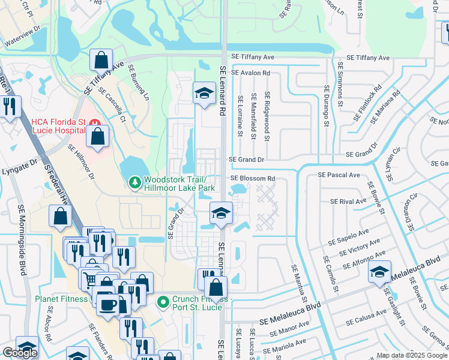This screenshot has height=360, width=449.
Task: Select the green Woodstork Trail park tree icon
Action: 135,181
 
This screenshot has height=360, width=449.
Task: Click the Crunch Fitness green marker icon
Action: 161,302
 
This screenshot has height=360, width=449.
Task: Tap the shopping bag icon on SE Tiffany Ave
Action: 101,59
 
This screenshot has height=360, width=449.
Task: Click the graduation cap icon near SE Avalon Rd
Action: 204,92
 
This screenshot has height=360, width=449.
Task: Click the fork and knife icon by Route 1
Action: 10,107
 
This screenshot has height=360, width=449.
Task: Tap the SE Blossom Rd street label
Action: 253,178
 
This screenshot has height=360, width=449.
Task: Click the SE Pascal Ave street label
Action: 339,175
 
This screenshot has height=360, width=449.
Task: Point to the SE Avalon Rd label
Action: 251,73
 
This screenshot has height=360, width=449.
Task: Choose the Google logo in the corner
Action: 20,353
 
